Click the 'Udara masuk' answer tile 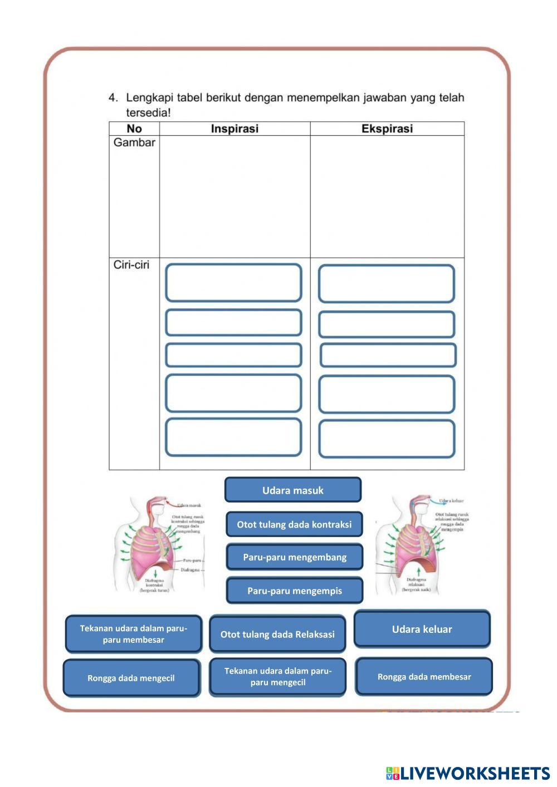click(293, 490)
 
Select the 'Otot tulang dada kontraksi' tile click(294, 524)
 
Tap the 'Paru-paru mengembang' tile click(295, 557)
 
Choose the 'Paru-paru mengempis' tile click(295, 591)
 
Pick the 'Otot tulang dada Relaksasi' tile click(277, 634)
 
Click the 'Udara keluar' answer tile click(422, 629)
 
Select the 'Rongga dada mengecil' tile click(131, 678)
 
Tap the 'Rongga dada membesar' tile click(424, 677)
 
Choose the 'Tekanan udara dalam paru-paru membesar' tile click(133, 634)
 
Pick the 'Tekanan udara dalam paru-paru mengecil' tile click(277, 677)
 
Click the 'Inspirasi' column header click(234, 129)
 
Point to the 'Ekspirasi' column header click(387, 129)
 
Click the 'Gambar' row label click(134, 142)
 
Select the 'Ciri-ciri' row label click(131, 265)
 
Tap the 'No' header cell click(134, 129)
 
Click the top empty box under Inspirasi click(233, 283)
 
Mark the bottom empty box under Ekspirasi click(387, 439)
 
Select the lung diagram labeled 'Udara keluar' click(422, 545)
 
